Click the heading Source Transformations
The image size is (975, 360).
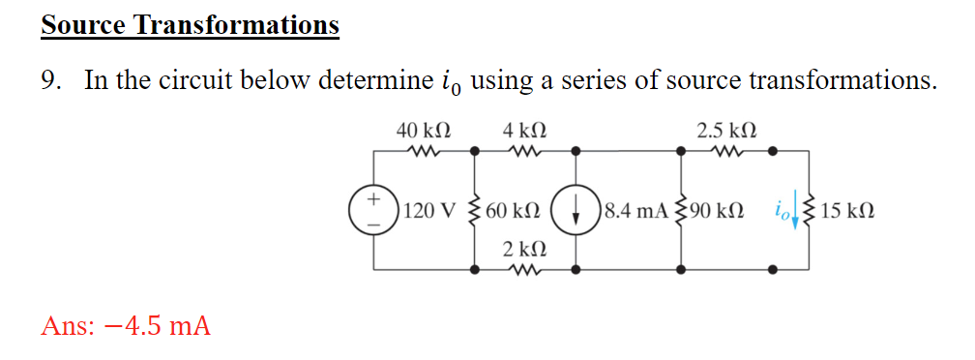click(190, 24)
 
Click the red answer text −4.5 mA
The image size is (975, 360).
click(126, 325)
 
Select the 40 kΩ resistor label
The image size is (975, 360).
click(422, 130)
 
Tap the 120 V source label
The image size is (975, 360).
click(432, 210)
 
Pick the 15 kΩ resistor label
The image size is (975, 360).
click(847, 210)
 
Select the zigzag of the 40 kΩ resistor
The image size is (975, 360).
click(422, 151)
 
